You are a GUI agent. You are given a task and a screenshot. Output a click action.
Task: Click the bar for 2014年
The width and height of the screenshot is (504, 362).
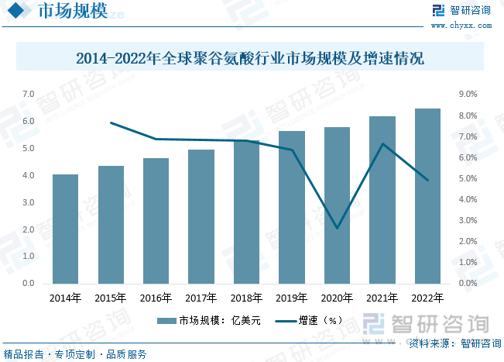(65, 229)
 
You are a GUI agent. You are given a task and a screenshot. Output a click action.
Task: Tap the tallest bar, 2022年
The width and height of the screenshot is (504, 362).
(427, 196)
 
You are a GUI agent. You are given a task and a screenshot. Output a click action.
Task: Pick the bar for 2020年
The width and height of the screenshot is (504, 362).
(337, 205)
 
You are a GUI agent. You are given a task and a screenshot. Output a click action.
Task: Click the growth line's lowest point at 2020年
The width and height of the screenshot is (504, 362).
(337, 228)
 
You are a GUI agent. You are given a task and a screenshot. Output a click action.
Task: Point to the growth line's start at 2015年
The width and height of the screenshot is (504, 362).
(111, 122)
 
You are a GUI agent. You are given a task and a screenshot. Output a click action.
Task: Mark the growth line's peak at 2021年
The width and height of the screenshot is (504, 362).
(382, 144)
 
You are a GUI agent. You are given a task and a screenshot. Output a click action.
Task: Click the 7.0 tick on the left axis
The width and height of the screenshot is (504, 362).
(28, 95)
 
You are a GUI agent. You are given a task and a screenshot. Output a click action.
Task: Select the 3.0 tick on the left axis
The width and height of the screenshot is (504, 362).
(28, 202)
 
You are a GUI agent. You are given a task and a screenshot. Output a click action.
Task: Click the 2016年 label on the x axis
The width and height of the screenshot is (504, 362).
(156, 298)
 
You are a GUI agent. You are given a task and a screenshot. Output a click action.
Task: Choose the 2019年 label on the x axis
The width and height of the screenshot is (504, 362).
(291, 298)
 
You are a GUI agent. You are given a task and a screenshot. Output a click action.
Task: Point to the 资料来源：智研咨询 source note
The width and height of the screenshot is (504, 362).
(454, 343)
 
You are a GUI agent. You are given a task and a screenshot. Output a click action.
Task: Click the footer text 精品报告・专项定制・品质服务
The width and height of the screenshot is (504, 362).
(75, 354)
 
